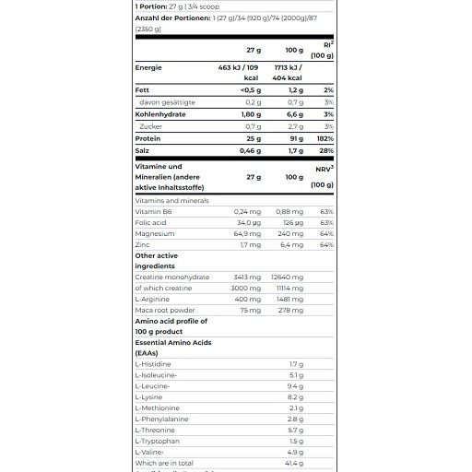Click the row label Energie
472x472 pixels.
point(149,67)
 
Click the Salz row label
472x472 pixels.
point(143,148)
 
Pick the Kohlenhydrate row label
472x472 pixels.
point(164,113)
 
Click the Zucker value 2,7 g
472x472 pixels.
point(294,125)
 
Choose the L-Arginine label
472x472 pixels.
point(153,299)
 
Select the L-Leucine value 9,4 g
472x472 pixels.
point(295,386)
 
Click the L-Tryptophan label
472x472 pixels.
point(158,442)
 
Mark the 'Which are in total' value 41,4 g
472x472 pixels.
point(293,463)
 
